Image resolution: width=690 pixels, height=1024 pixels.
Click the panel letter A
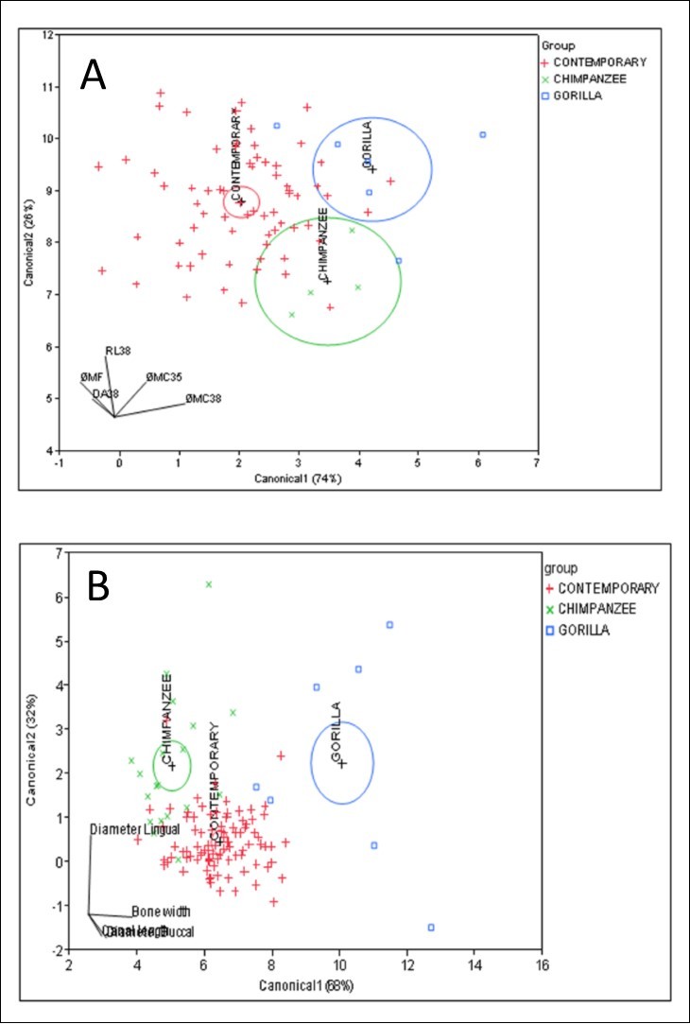[93, 75]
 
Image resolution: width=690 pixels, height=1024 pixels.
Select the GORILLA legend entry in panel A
[578, 95]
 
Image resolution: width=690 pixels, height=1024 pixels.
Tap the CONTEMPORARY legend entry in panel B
[605, 587]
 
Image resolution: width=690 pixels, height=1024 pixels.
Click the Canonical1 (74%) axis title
[297, 478]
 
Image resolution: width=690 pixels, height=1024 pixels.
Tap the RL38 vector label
[118, 351]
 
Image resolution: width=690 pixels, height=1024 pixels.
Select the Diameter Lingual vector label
[134, 829]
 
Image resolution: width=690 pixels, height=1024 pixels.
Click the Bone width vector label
[161, 912]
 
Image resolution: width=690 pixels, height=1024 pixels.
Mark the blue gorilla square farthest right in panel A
[483, 135]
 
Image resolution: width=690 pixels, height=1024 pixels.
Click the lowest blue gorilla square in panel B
[431, 928]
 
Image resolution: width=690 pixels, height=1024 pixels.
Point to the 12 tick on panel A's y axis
[48, 35]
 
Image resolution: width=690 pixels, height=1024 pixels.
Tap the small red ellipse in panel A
[241, 200]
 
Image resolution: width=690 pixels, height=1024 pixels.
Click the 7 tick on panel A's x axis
[537, 463]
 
